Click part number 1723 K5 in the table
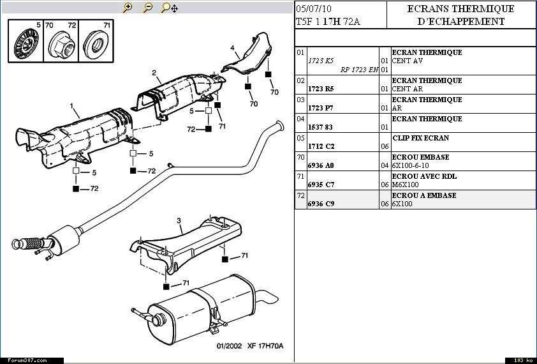(x=321, y=61)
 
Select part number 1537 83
(x=321, y=127)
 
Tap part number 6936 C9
(x=321, y=204)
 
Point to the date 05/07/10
(x=314, y=9)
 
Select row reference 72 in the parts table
(x=300, y=195)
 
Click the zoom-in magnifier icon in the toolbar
(x=127, y=8)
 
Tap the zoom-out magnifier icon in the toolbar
(x=147, y=8)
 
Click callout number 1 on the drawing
(x=72, y=106)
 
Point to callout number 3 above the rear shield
(x=179, y=221)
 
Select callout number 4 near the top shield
(x=233, y=48)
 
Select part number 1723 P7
(x=321, y=108)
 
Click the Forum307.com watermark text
(x=24, y=360)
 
